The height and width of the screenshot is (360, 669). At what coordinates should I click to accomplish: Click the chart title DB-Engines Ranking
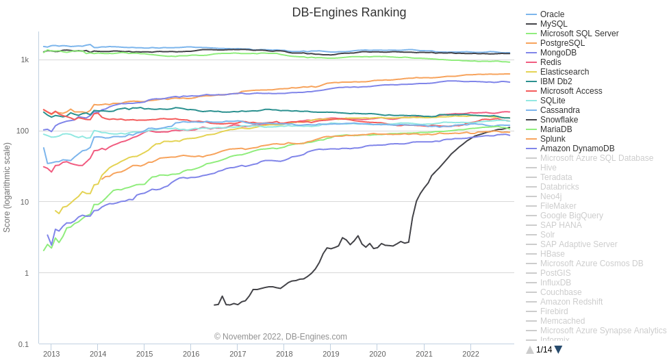click(349, 12)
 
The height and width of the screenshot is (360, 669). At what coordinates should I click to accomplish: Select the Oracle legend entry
click(552, 14)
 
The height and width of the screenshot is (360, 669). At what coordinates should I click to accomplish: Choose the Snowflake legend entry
click(559, 120)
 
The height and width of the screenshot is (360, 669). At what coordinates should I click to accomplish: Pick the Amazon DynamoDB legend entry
click(577, 149)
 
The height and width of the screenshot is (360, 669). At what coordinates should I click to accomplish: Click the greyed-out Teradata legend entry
click(556, 177)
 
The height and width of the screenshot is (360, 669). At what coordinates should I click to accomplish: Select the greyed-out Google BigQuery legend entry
click(571, 216)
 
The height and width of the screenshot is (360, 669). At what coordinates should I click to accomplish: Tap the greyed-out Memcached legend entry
click(562, 321)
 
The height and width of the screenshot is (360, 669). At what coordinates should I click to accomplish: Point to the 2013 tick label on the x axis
click(51, 354)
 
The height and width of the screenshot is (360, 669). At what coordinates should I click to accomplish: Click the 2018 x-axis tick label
click(284, 354)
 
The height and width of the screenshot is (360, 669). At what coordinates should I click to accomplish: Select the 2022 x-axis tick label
click(470, 354)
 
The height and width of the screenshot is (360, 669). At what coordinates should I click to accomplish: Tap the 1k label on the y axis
click(25, 60)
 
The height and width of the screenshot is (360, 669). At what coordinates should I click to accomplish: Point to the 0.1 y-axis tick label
click(23, 344)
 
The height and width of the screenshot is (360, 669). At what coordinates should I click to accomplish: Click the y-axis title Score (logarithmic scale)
click(7, 188)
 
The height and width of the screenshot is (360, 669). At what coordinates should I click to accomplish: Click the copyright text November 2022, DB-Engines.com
click(280, 337)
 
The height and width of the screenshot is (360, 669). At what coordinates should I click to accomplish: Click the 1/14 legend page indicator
click(544, 350)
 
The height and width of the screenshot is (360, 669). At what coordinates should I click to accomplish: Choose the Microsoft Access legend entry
click(571, 91)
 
